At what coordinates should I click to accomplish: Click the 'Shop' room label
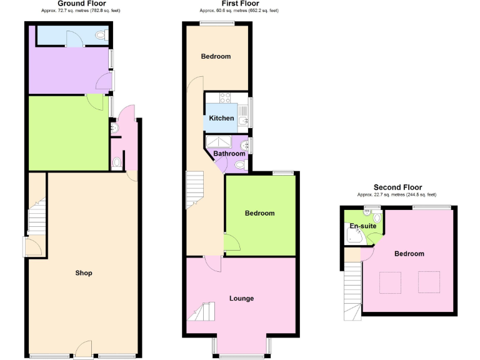pyautogui.click(x=84, y=273)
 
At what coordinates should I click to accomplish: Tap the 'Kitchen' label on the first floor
pyautogui.click(x=221, y=118)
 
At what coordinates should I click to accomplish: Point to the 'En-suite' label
pyautogui.click(x=362, y=226)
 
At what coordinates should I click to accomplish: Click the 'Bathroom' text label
pyautogui.click(x=229, y=154)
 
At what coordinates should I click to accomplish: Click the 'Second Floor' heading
pyautogui.click(x=397, y=187)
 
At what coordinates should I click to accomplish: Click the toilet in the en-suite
pyautogui.click(x=377, y=217)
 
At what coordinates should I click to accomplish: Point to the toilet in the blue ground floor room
pyautogui.click(x=101, y=36)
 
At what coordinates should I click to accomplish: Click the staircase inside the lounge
pyautogui.click(x=201, y=311)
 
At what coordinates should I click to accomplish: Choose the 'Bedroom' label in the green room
pyautogui.click(x=259, y=213)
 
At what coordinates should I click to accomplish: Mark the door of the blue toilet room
pyautogui.click(x=74, y=39)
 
